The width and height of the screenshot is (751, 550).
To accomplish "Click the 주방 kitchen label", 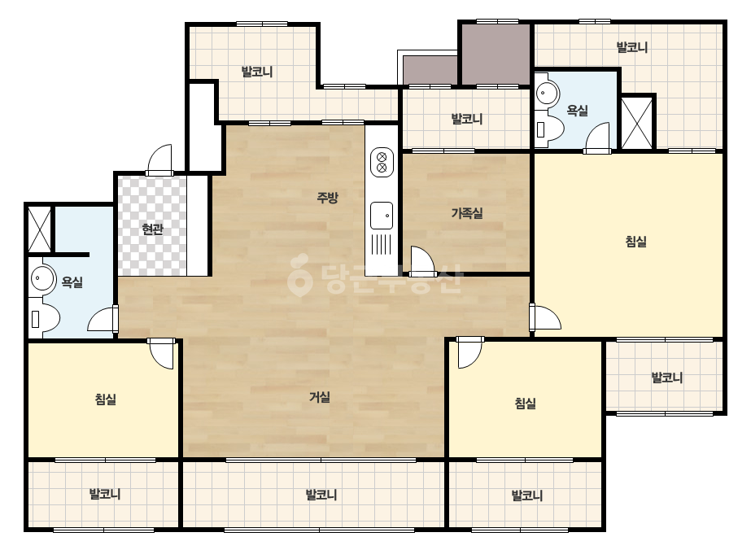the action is (328, 197).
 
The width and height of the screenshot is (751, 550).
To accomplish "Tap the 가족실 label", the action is (467, 212).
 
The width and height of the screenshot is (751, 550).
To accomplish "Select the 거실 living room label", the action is (320, 397).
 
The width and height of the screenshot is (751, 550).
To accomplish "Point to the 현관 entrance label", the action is (153, 229).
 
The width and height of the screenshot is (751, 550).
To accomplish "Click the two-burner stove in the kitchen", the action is (382, 163).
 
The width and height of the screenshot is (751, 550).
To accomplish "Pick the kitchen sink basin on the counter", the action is (382, 216).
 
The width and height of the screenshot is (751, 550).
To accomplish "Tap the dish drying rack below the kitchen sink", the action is (382, 244).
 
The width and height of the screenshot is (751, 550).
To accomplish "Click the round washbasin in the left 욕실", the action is (42, 278).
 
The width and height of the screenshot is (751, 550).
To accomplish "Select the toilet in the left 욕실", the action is (44, 318).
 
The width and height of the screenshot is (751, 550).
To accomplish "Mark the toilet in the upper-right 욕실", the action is (549, 128).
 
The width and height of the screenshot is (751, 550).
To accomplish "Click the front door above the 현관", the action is (159, 160).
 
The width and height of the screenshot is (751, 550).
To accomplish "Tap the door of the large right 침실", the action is (545, 317).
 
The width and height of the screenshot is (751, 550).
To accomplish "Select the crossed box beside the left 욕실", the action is (39, 229).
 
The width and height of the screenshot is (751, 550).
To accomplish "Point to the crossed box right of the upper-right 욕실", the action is (636, 123).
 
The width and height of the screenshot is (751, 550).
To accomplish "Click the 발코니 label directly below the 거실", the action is (321, 495).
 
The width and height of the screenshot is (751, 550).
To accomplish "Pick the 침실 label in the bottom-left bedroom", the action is (106, 399).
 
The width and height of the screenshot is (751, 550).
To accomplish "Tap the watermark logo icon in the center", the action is (300, 276).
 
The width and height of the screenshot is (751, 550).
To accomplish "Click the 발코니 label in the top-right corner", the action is (631, 47).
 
